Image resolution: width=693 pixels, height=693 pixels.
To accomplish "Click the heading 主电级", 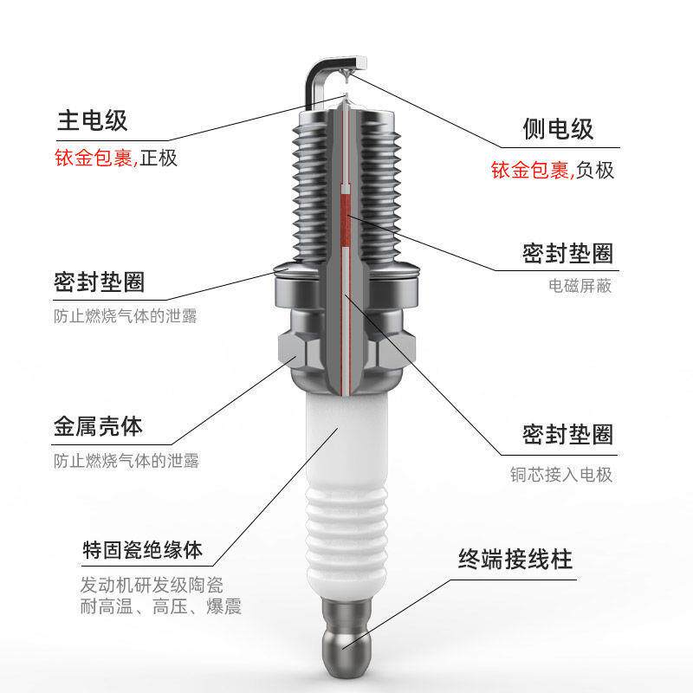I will [91, 122].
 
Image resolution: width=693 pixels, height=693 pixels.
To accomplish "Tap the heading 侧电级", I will [559, 130].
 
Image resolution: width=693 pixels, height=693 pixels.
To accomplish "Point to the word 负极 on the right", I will [595, 170].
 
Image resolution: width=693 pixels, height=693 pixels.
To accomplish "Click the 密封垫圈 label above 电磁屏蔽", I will [567, 253].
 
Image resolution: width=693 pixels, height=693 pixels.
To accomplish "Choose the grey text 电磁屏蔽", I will [580, 285].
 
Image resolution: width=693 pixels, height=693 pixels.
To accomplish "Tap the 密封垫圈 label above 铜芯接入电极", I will [567, 433].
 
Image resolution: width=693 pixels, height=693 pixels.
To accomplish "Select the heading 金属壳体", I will [98, 427].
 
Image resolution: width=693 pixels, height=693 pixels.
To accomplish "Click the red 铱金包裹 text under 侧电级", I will [527, 170].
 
